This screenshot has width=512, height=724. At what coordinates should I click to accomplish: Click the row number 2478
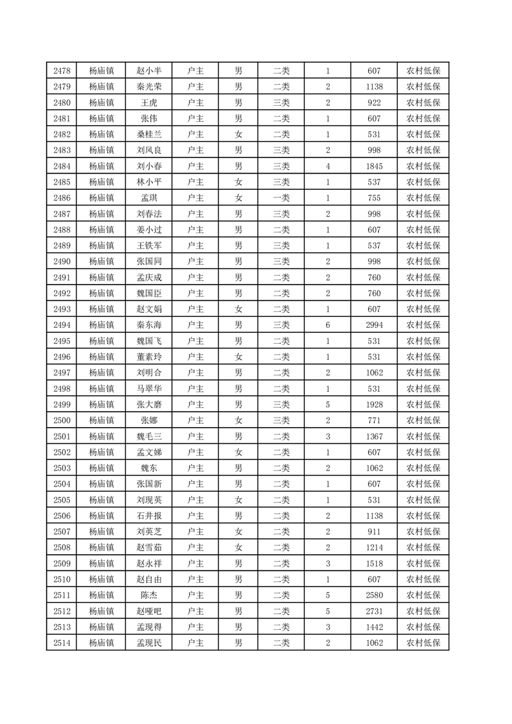[62, 71]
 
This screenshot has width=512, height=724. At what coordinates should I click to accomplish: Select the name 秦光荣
[149, 87]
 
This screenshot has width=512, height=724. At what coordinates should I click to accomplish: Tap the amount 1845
[374, 166]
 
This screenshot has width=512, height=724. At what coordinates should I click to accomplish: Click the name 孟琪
[149, 198]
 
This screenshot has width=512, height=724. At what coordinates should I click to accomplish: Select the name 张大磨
[149, 405]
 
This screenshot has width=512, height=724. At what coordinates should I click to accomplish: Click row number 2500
[62, 421]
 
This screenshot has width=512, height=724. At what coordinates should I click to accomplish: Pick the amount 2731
[374, 611]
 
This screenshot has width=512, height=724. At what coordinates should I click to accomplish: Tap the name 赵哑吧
[149, 611]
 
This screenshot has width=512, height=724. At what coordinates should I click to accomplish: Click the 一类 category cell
[282, 198]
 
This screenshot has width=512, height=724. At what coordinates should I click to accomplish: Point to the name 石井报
[149, 516]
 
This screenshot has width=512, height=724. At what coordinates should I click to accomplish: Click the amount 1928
[374, 405]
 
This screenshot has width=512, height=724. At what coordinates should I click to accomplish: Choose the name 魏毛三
[149, 436]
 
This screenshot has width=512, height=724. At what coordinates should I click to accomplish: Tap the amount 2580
[374, 595]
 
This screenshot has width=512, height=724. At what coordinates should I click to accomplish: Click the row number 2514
[62, 643]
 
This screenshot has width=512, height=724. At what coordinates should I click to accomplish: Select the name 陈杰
[149, 595]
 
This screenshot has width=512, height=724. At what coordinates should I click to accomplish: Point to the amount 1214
[374, 547]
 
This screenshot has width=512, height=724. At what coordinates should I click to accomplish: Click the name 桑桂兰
[149, 135]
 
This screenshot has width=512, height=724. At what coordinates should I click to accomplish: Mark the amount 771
[374, 421]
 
